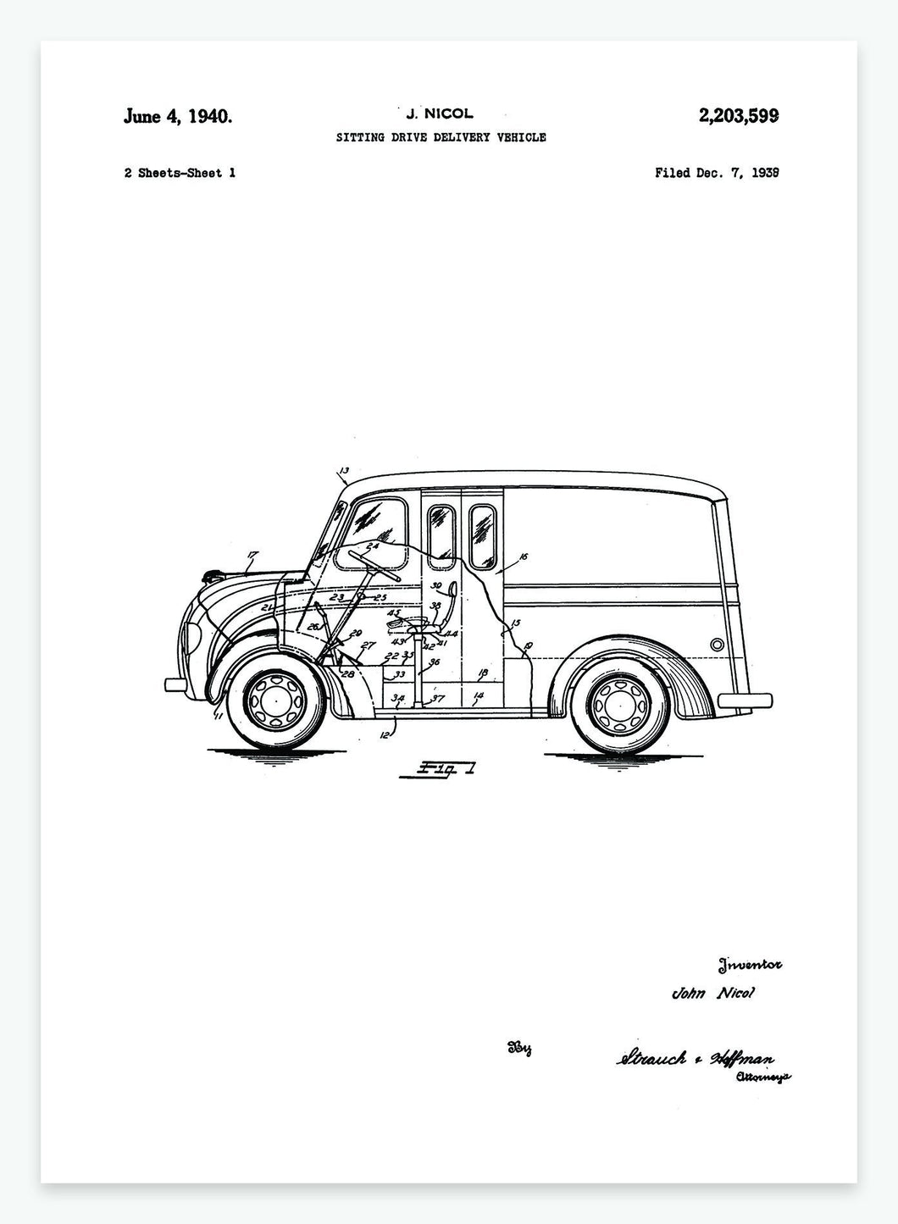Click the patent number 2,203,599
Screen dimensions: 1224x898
tap(739, 116)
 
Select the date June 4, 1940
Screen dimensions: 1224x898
tap(177, 116)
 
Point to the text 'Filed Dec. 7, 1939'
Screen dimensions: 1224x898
tap(717, 173)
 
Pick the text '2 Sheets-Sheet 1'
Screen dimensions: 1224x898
tap(180, 173)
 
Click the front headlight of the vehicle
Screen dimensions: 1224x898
tap(191, 634)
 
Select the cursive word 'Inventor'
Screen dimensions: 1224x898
tap(750, 963)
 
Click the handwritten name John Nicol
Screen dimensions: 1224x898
tap(712, 994)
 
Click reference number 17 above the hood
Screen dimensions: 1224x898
tap(252, 557)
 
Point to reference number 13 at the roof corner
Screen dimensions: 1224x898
tap(343, 471)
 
